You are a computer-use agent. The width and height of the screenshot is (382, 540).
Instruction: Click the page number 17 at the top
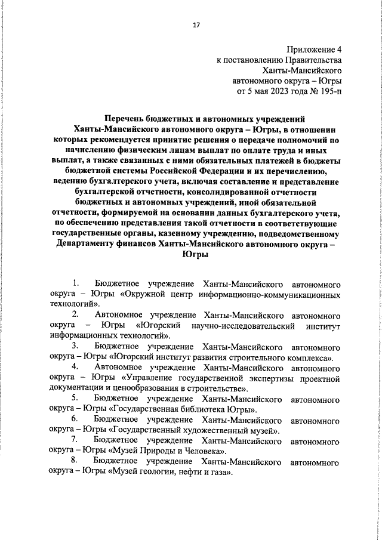point(196,25)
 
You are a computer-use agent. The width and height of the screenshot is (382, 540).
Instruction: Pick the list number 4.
point(76,368)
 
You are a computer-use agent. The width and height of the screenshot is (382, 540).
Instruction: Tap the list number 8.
point(76,462)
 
